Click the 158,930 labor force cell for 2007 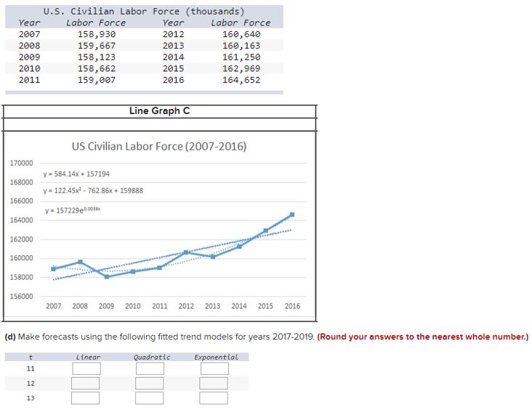(96, 34)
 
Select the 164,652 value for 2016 (241, 80)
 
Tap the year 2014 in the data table (173, 57)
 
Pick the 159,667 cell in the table (96, 46)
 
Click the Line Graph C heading (160, 110)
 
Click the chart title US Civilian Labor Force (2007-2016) (159, 146)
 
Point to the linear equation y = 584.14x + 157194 (76, 174)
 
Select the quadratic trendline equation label (93, 190)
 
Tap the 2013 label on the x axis (212, 306)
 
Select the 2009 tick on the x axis (106, 306)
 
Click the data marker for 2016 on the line (291, 214)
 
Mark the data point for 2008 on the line (80, 262)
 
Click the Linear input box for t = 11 (86, 368)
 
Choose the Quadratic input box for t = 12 (150, 383)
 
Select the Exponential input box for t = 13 (214, 397)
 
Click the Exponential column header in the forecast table (216, 357)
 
